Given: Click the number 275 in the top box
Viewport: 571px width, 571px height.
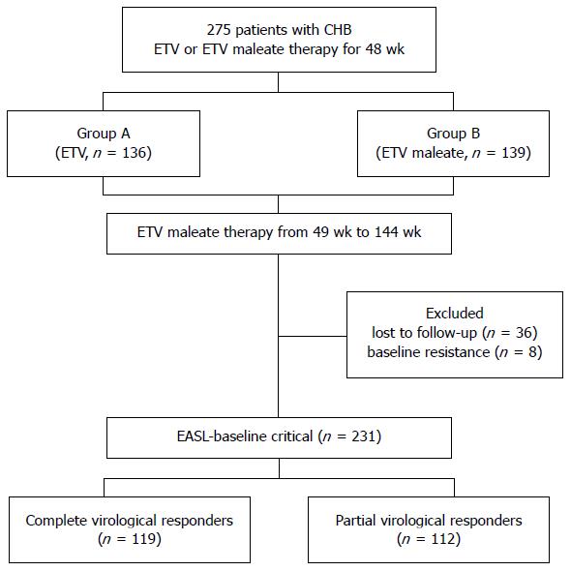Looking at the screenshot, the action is coord(219,30).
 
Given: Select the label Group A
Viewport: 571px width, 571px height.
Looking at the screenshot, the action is coord(104,134).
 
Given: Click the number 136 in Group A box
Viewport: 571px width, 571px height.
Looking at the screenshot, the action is coord(134,153).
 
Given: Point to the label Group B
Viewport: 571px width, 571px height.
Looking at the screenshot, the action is coord(453,134).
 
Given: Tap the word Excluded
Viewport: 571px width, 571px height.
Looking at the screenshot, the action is coord(455,314).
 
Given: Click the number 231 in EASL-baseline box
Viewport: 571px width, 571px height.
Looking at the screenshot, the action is coord(363,436).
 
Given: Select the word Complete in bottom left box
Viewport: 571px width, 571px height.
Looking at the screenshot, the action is coord(56,521).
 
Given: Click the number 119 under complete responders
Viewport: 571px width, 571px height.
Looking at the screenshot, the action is coord(143,539).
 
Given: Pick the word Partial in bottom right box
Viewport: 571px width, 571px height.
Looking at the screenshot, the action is coord(356,521).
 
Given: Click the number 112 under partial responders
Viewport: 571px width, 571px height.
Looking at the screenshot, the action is coord(442,539).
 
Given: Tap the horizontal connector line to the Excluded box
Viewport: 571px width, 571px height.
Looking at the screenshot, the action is coord(313,336).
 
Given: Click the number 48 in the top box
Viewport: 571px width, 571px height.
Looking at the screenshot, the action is coord(374,49).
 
